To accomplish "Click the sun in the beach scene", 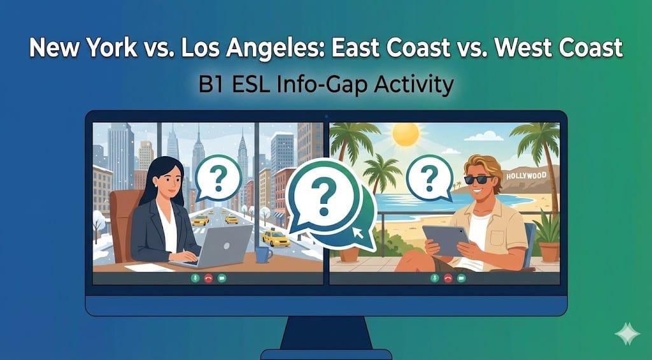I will (x=406, y=134).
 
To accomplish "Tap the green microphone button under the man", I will (x=435, y=278).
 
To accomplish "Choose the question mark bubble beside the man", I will (x=429, y=173).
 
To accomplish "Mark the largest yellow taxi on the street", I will (x=276, y=238).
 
